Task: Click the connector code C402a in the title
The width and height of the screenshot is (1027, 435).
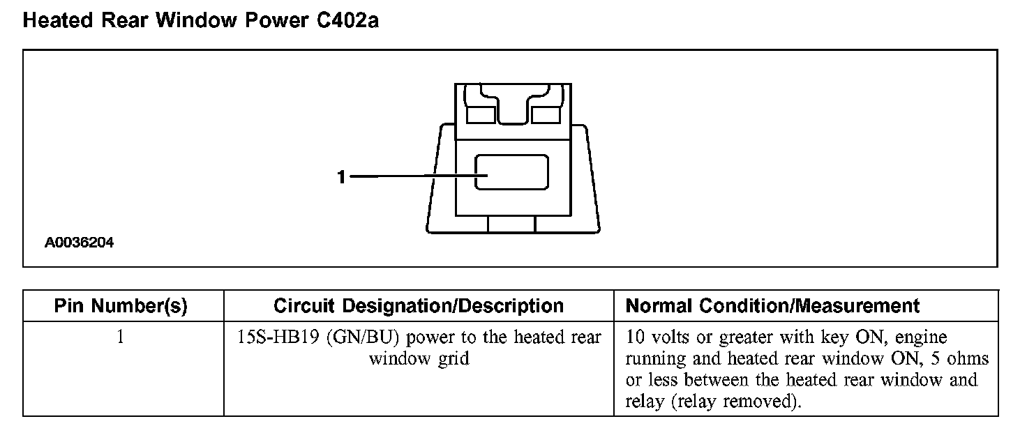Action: point(343,21)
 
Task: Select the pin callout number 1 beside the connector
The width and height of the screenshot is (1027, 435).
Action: point(340,178)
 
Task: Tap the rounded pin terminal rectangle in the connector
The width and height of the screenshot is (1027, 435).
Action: point(511,172)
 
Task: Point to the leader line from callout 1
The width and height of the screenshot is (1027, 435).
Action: point(412,177)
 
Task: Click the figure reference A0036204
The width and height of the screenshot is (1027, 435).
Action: point(80,243)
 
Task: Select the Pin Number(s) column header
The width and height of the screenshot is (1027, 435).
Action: point(121,306)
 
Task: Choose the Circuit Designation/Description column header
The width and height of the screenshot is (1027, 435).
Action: point(419,306)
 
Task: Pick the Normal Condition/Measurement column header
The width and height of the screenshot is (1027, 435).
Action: point(773,306)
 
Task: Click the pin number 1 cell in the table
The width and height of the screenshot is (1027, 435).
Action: point(121,338)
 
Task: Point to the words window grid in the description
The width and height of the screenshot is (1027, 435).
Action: point(419,359)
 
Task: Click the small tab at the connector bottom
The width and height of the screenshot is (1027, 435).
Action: point(511,224)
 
